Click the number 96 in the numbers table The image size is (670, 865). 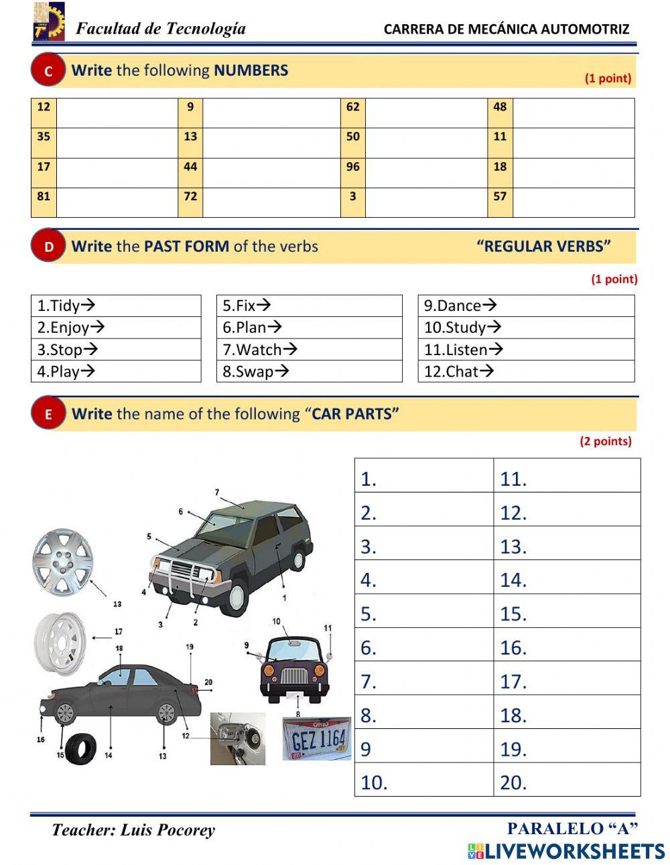[353, 167]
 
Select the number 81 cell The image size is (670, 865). [44, 196]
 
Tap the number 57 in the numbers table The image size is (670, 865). [500, 196]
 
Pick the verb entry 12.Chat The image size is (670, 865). [458, 371]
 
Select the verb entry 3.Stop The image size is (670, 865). [67, 349]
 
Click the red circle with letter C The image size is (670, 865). [48, 71]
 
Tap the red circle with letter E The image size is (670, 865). [48, 414]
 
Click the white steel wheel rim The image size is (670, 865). [60, 644]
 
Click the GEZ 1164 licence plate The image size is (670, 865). [317, 739]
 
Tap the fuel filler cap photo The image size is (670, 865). [238, 738]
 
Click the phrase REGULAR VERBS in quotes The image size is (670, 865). [543, 247]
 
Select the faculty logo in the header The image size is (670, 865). [49, 21]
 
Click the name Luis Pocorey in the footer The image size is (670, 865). [167, 830]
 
